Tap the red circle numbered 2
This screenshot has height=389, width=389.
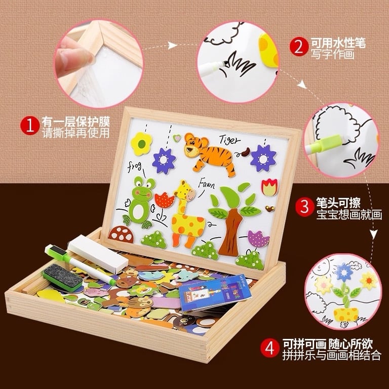point(299,47)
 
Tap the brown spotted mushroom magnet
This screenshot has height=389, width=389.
point(122,234)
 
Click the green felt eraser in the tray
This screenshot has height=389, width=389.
point(62,277)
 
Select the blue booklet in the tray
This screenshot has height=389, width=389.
point(213,293)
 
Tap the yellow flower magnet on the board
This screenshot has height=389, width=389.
point(141,143)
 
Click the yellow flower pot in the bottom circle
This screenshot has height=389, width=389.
point(346,314)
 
